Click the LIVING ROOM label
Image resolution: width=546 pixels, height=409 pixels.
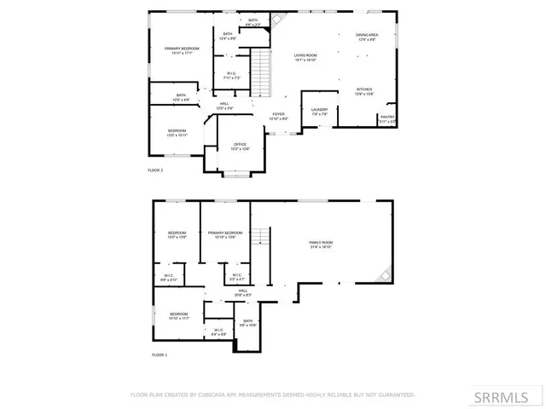click(x=305, y=56)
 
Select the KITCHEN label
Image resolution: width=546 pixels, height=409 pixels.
click(x=364, y=89)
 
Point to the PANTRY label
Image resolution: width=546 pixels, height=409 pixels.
click(x=387, y=118)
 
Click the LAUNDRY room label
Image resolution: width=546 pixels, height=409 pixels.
click(x=319, y=111)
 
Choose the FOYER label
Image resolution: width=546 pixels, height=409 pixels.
click(x=278, y=115)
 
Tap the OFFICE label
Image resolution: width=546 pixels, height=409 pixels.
click(x=241, y=146)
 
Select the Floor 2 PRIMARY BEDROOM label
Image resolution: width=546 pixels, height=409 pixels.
click(x=182, y=49)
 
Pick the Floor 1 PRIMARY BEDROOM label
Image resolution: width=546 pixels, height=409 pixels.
click(x=225, y=233)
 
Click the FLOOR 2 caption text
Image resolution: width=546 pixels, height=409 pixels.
click(x=155, y=170)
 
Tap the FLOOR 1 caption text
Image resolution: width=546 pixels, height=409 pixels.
click(x=160, y=354)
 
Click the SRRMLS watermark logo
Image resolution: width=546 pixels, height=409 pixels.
click(x=507, y=396)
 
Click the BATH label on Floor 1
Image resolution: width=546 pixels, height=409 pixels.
click(x=247, y=322)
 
